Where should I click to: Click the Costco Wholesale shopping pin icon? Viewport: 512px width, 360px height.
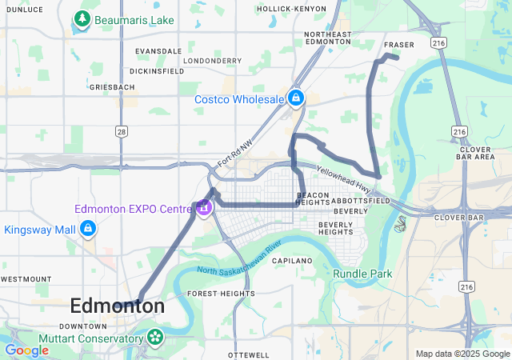click(x=295, y=98)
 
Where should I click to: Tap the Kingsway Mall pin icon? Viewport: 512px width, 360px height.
click(x=88, y=230)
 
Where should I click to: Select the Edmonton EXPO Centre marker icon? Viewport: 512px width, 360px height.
click(x=204, y=208)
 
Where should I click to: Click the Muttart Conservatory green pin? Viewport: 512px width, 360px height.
click(x=154, y=338)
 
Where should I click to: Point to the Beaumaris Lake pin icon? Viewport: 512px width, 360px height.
click(x=81, y=18)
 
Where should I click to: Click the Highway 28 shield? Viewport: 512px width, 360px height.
click(x=121, y=131)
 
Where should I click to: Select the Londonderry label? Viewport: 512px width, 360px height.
click(x=212, y=60)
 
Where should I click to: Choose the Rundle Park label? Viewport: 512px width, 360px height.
click(x=363, y=274)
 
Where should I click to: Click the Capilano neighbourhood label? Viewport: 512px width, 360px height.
click(x=291, y=261)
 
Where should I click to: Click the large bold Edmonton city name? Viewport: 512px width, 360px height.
click(x=118, y=306)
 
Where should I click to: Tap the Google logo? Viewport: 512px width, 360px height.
click(x=26, y=350)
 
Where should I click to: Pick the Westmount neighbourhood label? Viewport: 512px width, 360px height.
click(x=26, y=278)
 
